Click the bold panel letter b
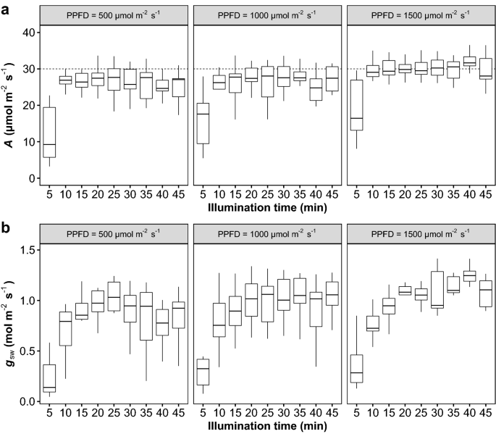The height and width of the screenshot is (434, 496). click(7, 226)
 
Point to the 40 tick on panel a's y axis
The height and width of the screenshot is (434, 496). click(30, 33)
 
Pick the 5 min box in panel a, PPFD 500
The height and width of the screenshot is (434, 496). click(50, 132)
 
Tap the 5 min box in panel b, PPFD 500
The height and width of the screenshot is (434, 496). click(50, 378)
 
